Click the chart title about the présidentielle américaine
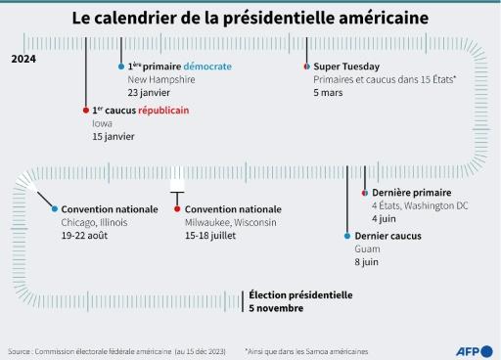pos(250,19)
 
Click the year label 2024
pos(25,60)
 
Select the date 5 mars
pos(330,92)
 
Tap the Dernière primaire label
pos(411,193)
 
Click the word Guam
pos(367,249)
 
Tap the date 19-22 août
pos(87,237)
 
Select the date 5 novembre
pos(276,308)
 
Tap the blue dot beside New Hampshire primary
pos(121,67)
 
